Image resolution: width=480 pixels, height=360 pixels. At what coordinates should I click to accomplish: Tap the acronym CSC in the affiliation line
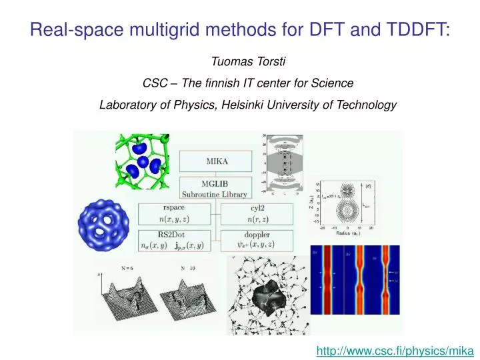(155, 83)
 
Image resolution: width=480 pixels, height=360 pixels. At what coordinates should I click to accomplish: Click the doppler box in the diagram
(256, 241)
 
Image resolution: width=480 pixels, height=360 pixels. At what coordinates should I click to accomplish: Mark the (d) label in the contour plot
(367, 186)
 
